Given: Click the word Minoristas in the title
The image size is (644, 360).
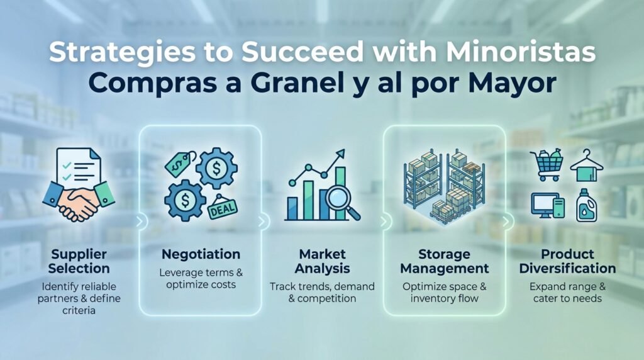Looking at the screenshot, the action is click(520, 52).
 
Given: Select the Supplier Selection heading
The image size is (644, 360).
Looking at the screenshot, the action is click(79, 261).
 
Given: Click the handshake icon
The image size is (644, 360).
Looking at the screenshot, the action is click(79, 201).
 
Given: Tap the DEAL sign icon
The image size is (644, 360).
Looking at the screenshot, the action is click(222, 208).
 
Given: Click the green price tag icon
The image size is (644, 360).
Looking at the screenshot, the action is click(180, 164).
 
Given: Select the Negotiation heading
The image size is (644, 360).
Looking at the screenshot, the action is click(201, 254).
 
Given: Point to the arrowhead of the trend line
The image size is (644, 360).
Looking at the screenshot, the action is click(340, 154).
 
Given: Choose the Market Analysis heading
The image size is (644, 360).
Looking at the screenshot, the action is click(323, 261).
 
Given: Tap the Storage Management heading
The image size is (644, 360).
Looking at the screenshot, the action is click(445, 261).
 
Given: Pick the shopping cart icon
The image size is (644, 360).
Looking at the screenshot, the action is click(547, 165).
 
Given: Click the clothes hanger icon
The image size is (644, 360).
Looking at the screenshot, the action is click(587, 165).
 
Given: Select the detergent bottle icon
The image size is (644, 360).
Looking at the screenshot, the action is click(586, 205).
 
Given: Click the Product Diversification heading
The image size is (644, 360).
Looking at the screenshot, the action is click(567, 261).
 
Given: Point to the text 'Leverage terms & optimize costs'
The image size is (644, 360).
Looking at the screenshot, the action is click(201, 279).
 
